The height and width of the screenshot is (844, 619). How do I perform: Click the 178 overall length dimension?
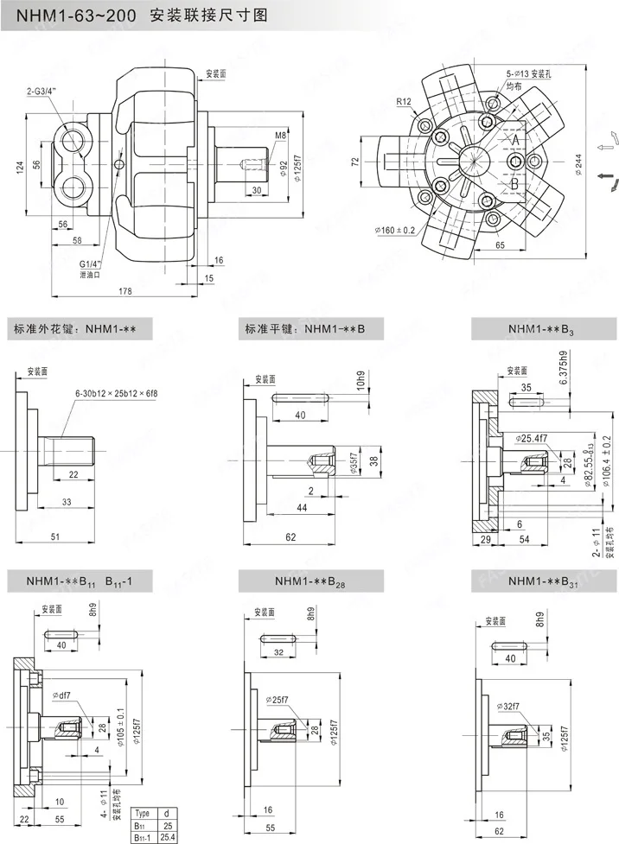click(x=124, y=292)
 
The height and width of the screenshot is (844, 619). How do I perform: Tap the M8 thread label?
click(x=280, y=136)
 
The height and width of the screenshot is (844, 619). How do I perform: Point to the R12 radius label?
click(x=404, y=102)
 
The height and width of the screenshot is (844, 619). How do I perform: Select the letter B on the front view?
click(x=514, y=184)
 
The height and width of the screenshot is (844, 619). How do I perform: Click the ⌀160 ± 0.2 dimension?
click(x=395, y=230)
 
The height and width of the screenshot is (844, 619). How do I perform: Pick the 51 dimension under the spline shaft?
click(x=54, y=536)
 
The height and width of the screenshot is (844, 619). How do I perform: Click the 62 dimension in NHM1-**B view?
click(x=290, y=536)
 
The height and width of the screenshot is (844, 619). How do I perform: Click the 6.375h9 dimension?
click(x=564, y=367)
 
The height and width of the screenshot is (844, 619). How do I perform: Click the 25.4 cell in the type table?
click(x=168, y=836)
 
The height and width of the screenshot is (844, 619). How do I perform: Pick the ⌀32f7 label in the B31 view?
click(x=509, y=706)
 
